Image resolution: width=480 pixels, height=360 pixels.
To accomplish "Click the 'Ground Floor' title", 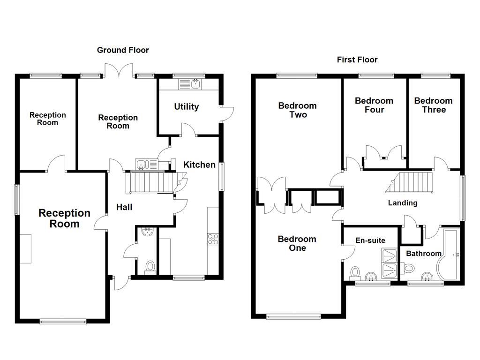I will [x=123, y=50].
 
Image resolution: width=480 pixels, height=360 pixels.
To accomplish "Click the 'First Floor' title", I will [x=357, y=60].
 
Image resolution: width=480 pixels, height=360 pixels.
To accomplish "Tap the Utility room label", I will [x=187, y=107].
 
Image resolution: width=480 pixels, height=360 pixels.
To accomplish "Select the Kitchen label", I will [x=199, y=165].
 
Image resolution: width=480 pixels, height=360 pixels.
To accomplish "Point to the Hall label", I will [x=124, y=207].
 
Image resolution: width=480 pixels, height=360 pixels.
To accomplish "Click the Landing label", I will [x=403, y=203].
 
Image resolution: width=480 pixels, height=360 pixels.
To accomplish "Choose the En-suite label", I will [x=370, y=240].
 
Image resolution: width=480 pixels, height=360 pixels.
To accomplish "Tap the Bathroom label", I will [x=424, y=254].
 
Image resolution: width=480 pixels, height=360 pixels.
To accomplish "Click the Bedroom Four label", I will [x=374, y=105].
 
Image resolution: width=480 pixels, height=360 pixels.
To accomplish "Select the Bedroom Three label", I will [x=433, y=105].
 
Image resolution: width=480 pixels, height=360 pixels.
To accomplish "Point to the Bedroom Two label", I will [x=297, y=110].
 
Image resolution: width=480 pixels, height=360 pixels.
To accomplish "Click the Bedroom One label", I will [x=297, y=243].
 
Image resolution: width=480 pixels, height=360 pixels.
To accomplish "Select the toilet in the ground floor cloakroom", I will [x=150, y=267].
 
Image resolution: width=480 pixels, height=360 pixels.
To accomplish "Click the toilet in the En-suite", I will [x=355, y=272].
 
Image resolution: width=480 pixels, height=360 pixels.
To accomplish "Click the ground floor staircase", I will [x=150, y=182].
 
